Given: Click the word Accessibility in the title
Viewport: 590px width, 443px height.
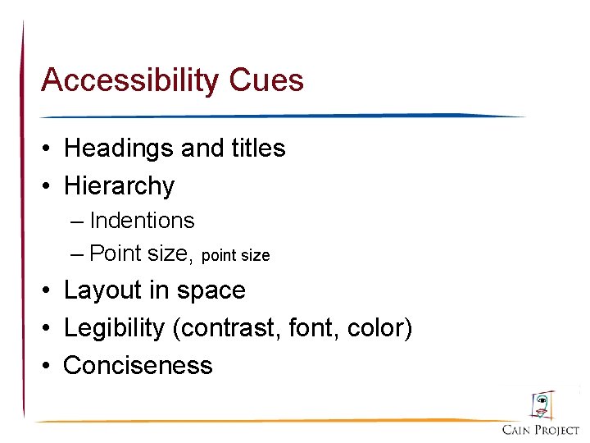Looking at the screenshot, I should click(129, 80).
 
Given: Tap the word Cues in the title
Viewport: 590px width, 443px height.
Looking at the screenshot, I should click(267, 80).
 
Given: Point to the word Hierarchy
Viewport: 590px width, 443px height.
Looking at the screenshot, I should click(119, 186).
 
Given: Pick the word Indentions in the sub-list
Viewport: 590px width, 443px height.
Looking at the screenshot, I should click(142, 221).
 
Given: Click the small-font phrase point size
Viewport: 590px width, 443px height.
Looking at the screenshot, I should click(235, 255).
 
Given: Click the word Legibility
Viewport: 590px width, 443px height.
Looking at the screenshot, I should click(114, 328).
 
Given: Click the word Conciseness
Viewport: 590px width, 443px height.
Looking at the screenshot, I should click(138, 365).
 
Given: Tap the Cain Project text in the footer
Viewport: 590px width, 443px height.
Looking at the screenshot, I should click(541, 430).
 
